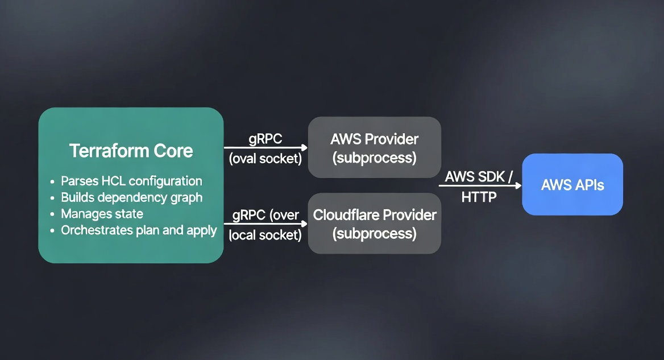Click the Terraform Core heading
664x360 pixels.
[131, 151]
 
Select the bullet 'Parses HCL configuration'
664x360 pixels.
[131, 181]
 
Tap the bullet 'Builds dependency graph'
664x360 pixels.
[131, 198]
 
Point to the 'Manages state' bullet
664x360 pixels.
[102, 214]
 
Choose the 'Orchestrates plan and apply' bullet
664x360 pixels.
[139, 230]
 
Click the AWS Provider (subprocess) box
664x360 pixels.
[374, 148]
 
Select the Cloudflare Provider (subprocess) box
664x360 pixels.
[374, 224]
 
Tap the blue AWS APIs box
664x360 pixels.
[572, 184]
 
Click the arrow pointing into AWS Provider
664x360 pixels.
[265, 148]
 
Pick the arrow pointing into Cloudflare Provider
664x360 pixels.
[265, 224]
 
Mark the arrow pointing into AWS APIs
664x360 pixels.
[480, 185]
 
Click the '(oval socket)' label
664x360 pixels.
[265, 159]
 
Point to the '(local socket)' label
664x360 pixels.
[265, 234]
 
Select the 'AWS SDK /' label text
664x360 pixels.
[479, 176]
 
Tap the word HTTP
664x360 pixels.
[479, 197]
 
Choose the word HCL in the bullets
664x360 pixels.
[114, 181]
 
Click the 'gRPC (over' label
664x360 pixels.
[265, 215]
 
